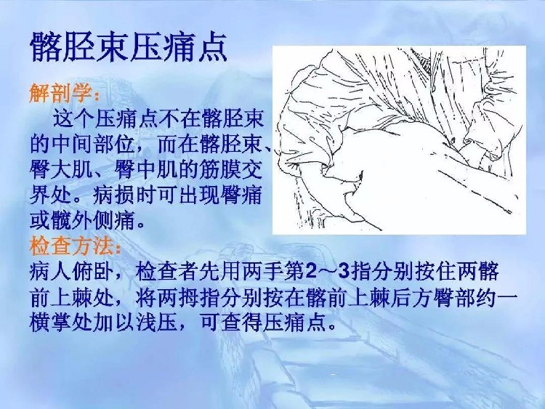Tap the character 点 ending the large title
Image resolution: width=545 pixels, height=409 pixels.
211,47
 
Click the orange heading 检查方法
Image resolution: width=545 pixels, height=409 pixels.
72,246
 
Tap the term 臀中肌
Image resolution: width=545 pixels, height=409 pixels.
145,170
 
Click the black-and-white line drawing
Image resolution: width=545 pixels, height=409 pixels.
399,140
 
